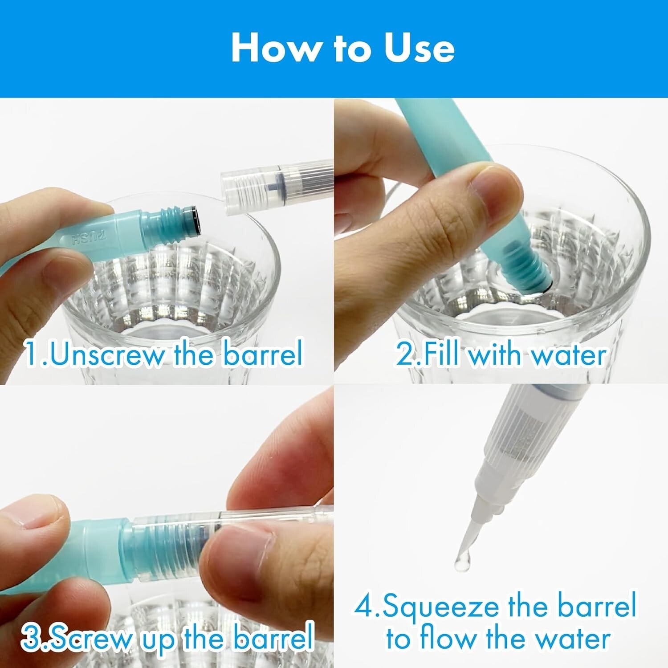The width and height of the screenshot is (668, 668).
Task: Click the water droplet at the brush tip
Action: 460,563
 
